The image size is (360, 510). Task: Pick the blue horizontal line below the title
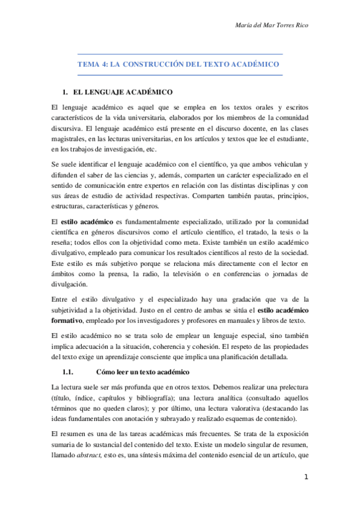(180, 75)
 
